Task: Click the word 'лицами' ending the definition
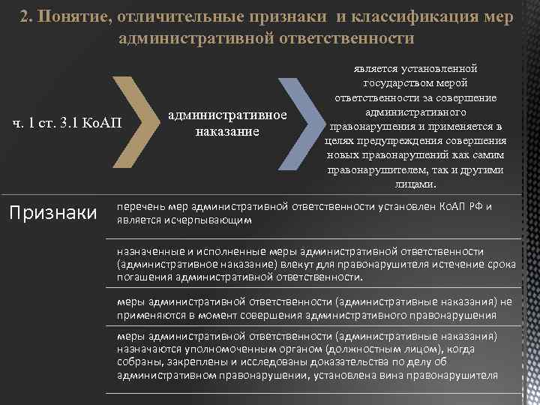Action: click(x=413, y=184)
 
